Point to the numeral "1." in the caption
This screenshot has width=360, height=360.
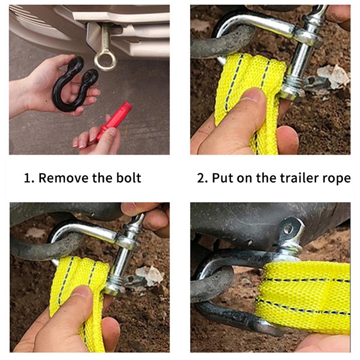click(x=29, y=178)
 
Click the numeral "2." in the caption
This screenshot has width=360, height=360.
click(x=202, y=178)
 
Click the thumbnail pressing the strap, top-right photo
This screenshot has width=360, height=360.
click(x=253, y=94)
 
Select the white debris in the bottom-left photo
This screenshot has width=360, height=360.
click(x=149, y=275)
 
